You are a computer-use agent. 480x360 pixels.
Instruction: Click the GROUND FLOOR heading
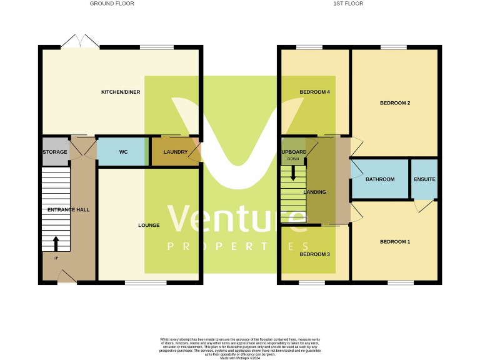pos(112,4)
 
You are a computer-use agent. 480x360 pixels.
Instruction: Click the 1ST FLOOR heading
pos(348,4)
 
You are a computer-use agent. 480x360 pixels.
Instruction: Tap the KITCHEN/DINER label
pos(121,92)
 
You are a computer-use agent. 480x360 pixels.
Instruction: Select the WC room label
pos(123,152)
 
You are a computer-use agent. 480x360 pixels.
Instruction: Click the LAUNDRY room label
pos(176,152)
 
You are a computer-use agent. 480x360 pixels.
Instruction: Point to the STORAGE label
pos(55,152)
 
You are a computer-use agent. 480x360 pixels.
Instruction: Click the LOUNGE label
pos(149,225)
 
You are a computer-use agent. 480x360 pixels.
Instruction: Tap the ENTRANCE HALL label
pos(68,209)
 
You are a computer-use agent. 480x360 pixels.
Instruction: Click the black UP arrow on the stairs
pos(56,242)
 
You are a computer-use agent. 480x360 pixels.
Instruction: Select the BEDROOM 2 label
pos(395,103)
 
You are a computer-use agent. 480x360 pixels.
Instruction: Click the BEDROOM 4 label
pos(314,92)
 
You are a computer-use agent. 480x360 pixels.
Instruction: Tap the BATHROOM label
pos(380,179)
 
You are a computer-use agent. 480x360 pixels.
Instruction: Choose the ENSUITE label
pos(424,179)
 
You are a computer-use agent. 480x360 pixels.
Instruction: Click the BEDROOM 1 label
pos(395,241)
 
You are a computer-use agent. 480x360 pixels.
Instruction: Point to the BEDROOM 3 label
pos(314,254)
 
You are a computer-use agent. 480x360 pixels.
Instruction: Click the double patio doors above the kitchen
pos(80,41)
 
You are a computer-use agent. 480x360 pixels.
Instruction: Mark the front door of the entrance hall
pos(67,277)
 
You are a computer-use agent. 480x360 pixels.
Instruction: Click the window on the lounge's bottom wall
pos(146,282)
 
